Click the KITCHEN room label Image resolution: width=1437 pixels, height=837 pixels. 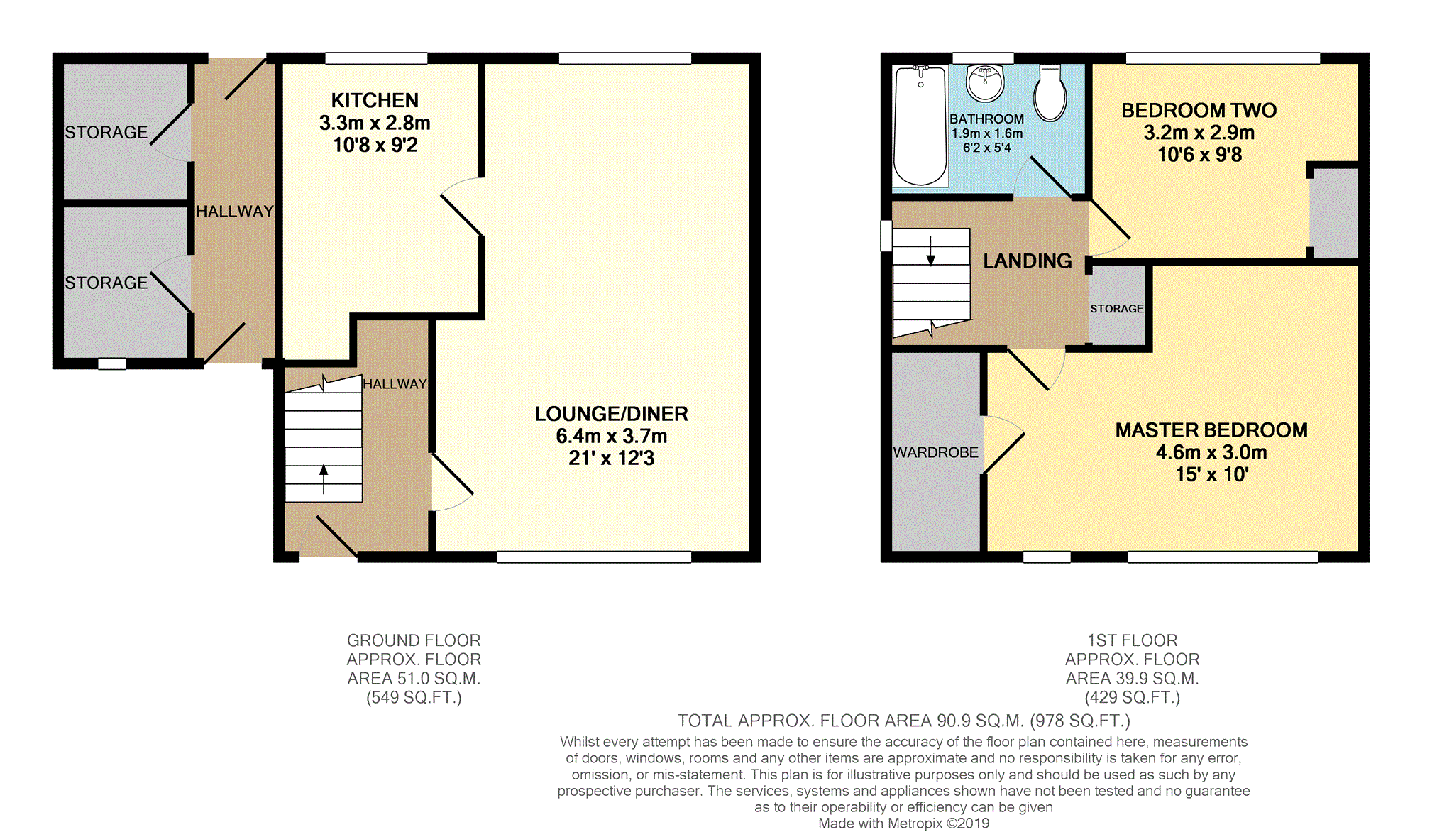375,100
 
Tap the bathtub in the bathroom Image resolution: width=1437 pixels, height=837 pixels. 920,126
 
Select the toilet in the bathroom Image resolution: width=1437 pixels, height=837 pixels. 1050,93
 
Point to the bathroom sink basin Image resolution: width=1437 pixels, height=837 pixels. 985,83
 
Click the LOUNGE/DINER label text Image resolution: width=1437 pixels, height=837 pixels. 611,414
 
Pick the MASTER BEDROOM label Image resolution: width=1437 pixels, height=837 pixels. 1211,430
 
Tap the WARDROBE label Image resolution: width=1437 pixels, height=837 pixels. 935,452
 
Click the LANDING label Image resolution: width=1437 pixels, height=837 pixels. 1027,261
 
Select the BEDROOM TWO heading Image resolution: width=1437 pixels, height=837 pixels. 1199,110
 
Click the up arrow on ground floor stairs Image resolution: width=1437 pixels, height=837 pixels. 324,479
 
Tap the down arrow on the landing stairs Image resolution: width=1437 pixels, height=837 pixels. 930,251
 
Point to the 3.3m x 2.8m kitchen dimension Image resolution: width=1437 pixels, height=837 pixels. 375,123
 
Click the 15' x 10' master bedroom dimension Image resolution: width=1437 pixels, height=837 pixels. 1211,474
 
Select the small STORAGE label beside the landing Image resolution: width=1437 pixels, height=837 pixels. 1116,309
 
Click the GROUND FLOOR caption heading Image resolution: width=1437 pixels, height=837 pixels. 414,640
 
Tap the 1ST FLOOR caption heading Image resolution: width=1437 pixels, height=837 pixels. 1132,640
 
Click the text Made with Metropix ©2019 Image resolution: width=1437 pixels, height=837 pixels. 903,824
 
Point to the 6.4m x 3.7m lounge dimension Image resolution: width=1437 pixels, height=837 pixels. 611,436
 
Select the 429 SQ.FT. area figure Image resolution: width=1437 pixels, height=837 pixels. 1132,698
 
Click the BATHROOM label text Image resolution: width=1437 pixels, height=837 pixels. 986,119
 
